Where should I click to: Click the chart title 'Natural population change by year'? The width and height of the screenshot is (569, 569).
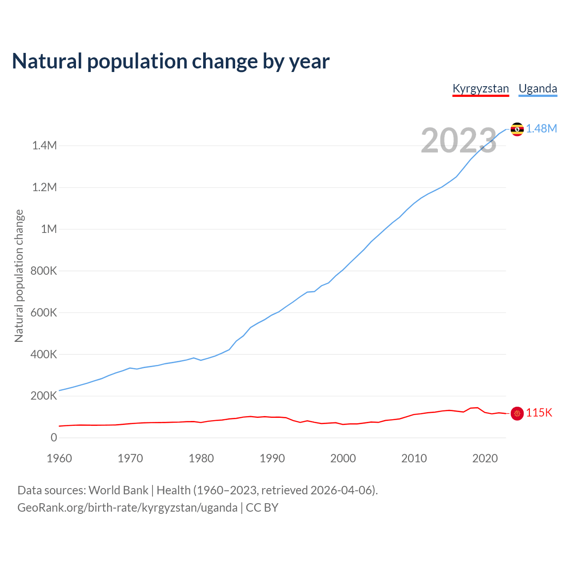click(x=171, y=61)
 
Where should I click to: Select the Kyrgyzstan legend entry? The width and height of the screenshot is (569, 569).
click(x=481, y=88)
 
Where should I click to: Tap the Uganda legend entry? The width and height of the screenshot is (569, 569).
click(x=538, y=88)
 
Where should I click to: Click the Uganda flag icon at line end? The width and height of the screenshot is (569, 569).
click(x=517, y=129)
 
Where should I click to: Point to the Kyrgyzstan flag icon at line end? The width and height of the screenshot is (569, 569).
click(x=517, y=413)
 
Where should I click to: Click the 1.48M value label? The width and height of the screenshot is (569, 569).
click(x=541, y=129)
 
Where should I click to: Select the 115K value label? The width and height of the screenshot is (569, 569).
click(x=539, y=413)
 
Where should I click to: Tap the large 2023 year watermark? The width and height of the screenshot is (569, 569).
click(x=458, y=140)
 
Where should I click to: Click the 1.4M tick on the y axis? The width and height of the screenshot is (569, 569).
click(x=44, y=146)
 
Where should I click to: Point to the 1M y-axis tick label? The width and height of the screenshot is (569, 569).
click(x=49, y=229)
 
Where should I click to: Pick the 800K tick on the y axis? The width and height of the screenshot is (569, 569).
click(x=44, y=271)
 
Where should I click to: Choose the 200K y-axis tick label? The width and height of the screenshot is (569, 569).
click(x=44, y=396)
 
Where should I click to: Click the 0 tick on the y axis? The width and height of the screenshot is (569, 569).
click(x=54, y=438)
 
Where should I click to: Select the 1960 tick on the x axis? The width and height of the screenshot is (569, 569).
click(x=59, y=458)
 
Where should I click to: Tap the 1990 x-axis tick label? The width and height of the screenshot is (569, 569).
click(x=272, y=458)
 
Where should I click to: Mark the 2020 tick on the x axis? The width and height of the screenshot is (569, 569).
click(x=485, y=458)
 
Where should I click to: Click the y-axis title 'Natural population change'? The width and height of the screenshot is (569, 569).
click(x=19, y=276)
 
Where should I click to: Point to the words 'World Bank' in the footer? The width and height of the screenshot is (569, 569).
click(x=118, y=490)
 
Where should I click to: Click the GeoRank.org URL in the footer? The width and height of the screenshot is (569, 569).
click(x=127, y=508)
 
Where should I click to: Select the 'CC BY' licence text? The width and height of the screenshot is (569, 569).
click(x=262, y=508)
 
